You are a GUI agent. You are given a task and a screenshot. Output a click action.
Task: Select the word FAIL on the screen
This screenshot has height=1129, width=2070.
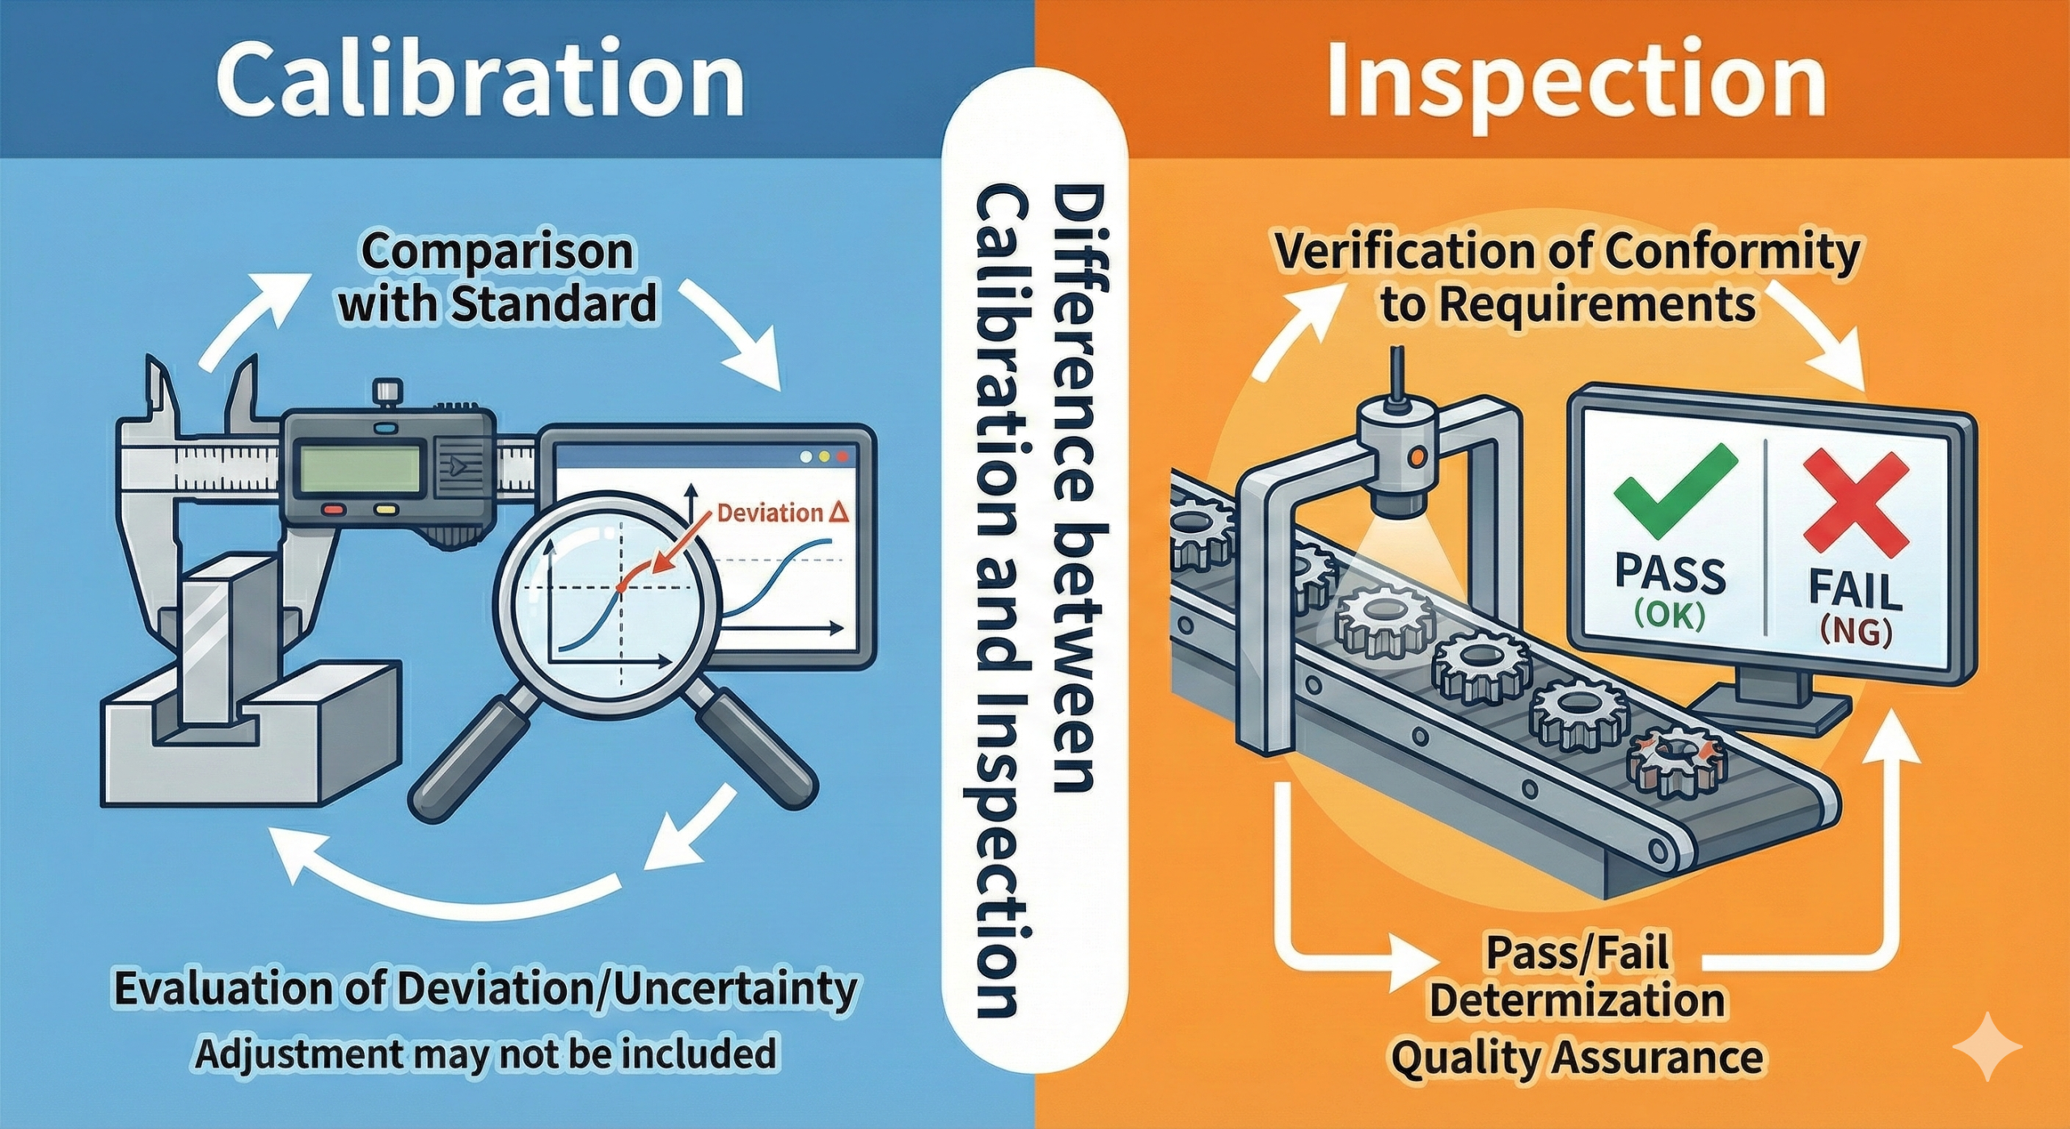coord(1855,591)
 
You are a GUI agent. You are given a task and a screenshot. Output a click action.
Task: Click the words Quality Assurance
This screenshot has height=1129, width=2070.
coord(1576,1057)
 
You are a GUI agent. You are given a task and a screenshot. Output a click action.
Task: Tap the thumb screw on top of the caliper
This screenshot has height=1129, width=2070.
coord(387,392)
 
